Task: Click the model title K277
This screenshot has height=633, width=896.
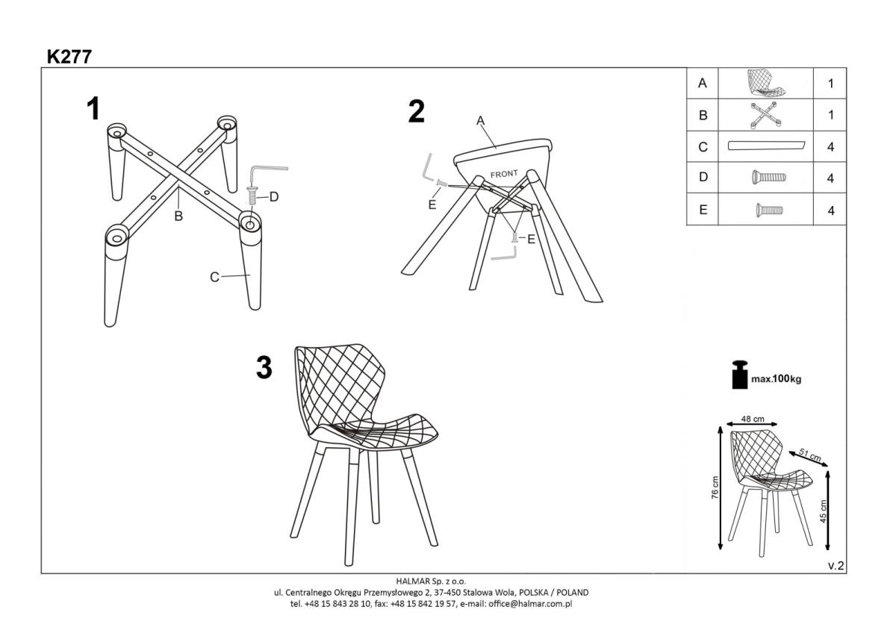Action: (69, 57)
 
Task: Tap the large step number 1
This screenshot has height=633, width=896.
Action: (93, 108)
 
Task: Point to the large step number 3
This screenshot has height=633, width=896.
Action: (264, 367)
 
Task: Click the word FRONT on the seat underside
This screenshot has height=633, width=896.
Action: (504, 174)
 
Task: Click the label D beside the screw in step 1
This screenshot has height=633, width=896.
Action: (274, 197)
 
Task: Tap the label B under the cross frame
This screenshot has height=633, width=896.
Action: (178, 216)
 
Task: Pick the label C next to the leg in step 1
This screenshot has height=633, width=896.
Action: (214, 277)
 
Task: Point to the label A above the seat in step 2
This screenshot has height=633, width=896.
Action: (480, 120)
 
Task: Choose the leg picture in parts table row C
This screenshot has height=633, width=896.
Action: (766, 146)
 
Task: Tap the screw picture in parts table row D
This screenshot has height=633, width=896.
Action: (769, 177)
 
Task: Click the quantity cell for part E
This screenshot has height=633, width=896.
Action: (830, 210)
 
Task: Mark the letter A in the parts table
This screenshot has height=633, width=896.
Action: (703, 83)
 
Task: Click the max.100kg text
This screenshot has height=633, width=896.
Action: (776, 378)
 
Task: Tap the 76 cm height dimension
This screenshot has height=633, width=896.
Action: (715, 487)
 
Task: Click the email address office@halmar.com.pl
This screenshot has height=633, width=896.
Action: (530, 604)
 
